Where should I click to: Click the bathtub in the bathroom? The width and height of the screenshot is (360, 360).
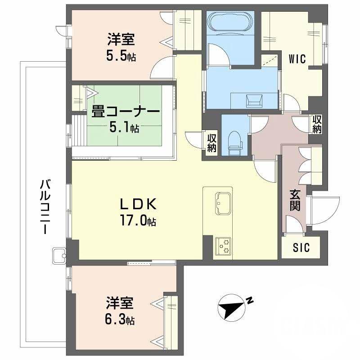229,22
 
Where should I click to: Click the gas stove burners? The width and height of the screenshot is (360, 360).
223,245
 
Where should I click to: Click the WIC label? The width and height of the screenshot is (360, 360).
297,59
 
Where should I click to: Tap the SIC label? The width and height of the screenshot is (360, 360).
301,248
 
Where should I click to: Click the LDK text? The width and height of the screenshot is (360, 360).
137,205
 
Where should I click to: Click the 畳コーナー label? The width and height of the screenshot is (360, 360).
126,111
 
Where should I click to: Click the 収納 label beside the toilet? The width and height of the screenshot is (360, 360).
212,143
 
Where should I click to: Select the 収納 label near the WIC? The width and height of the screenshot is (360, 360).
317,124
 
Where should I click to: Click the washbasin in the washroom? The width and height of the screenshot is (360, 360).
254,100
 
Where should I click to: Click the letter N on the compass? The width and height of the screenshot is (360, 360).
250,299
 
